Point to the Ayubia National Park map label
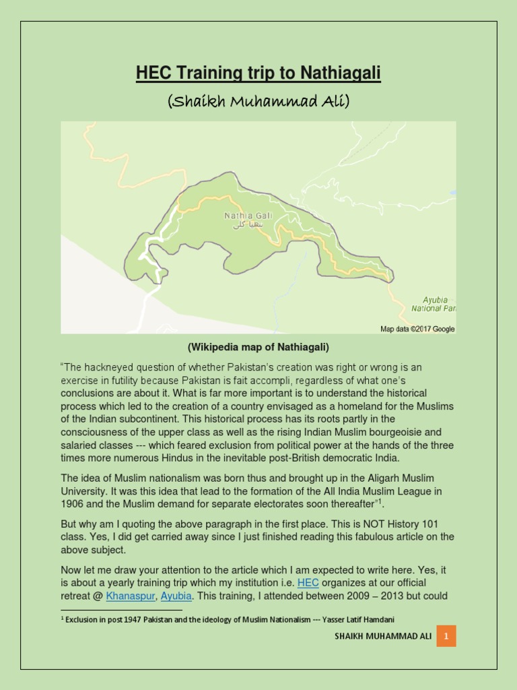pyautogui.click(x=434, y=304)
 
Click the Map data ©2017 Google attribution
pyautogui.click(x=417, y=329)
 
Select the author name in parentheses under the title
pyautogui.click(x=258, y=101)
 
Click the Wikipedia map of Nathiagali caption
pyautogui.click(x=258, y=348)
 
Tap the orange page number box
pyautogui.click(x=446, y=635)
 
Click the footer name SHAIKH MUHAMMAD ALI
pyautogui.click(x=380, y=636)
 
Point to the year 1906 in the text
pyautogui.click(x=74, y=504)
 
